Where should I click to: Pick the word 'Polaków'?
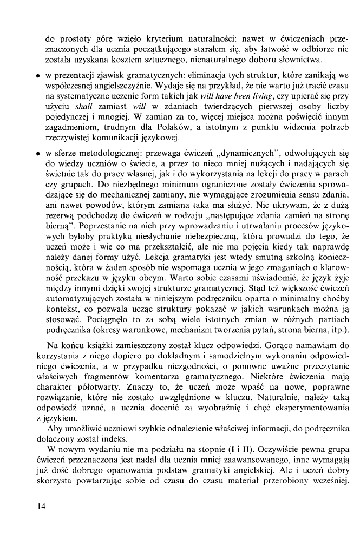(x=188, y=132)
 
